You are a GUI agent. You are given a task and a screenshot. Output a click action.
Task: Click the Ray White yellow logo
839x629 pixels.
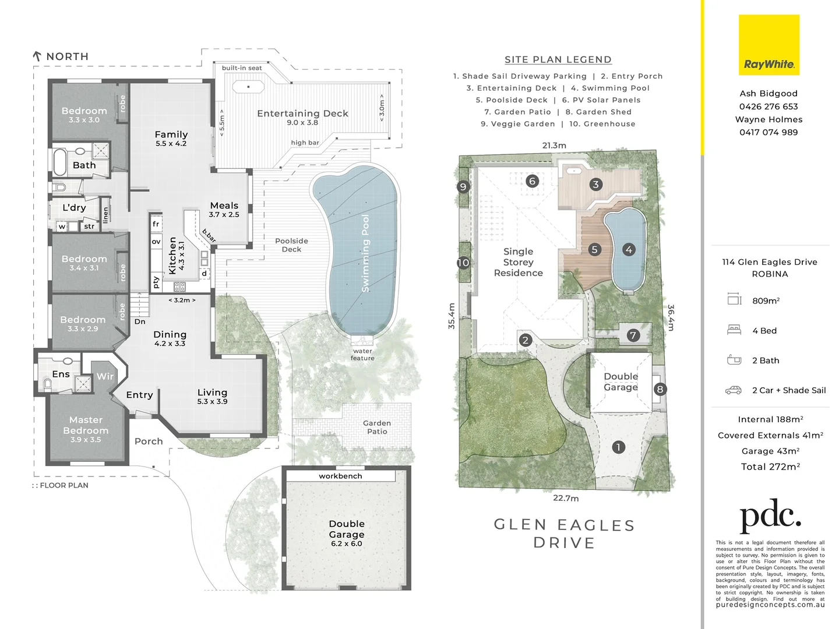tap(769, 45)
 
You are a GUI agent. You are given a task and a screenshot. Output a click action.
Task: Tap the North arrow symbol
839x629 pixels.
tap(37, 56)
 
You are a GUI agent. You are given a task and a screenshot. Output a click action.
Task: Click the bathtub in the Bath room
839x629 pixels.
tap(60, 162)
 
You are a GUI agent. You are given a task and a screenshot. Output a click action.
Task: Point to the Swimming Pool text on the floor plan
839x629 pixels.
tap(365, 253)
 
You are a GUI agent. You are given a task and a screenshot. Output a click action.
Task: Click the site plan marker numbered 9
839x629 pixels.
tap(463, 186)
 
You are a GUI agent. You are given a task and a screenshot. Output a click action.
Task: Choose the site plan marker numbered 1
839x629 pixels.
tap(618, 447)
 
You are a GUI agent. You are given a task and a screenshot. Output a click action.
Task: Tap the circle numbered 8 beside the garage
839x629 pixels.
tap(660, 389)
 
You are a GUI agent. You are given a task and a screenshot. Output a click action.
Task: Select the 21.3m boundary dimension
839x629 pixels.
tap(554, 146)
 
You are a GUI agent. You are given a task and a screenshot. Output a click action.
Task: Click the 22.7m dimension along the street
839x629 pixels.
tap(566, 498)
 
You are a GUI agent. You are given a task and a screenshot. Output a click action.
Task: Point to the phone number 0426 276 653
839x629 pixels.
tap(769, 107)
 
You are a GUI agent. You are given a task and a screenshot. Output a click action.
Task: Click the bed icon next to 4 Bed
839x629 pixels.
tap(734, 330)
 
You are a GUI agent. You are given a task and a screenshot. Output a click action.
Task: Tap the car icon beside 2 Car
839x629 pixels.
tap(734, 390)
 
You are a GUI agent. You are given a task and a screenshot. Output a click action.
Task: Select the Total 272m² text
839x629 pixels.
tap(770, 467)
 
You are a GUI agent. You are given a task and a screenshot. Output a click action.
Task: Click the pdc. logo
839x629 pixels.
tap(770, 516)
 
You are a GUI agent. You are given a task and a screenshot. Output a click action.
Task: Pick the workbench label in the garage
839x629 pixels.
tap(340, 476)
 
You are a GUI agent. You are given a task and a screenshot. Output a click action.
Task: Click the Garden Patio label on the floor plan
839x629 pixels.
tap(377, 427)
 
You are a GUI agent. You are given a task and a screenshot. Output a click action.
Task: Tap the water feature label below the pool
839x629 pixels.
tap(362, 355)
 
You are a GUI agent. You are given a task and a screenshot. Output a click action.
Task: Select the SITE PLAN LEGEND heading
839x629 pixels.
tap(558, 59)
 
